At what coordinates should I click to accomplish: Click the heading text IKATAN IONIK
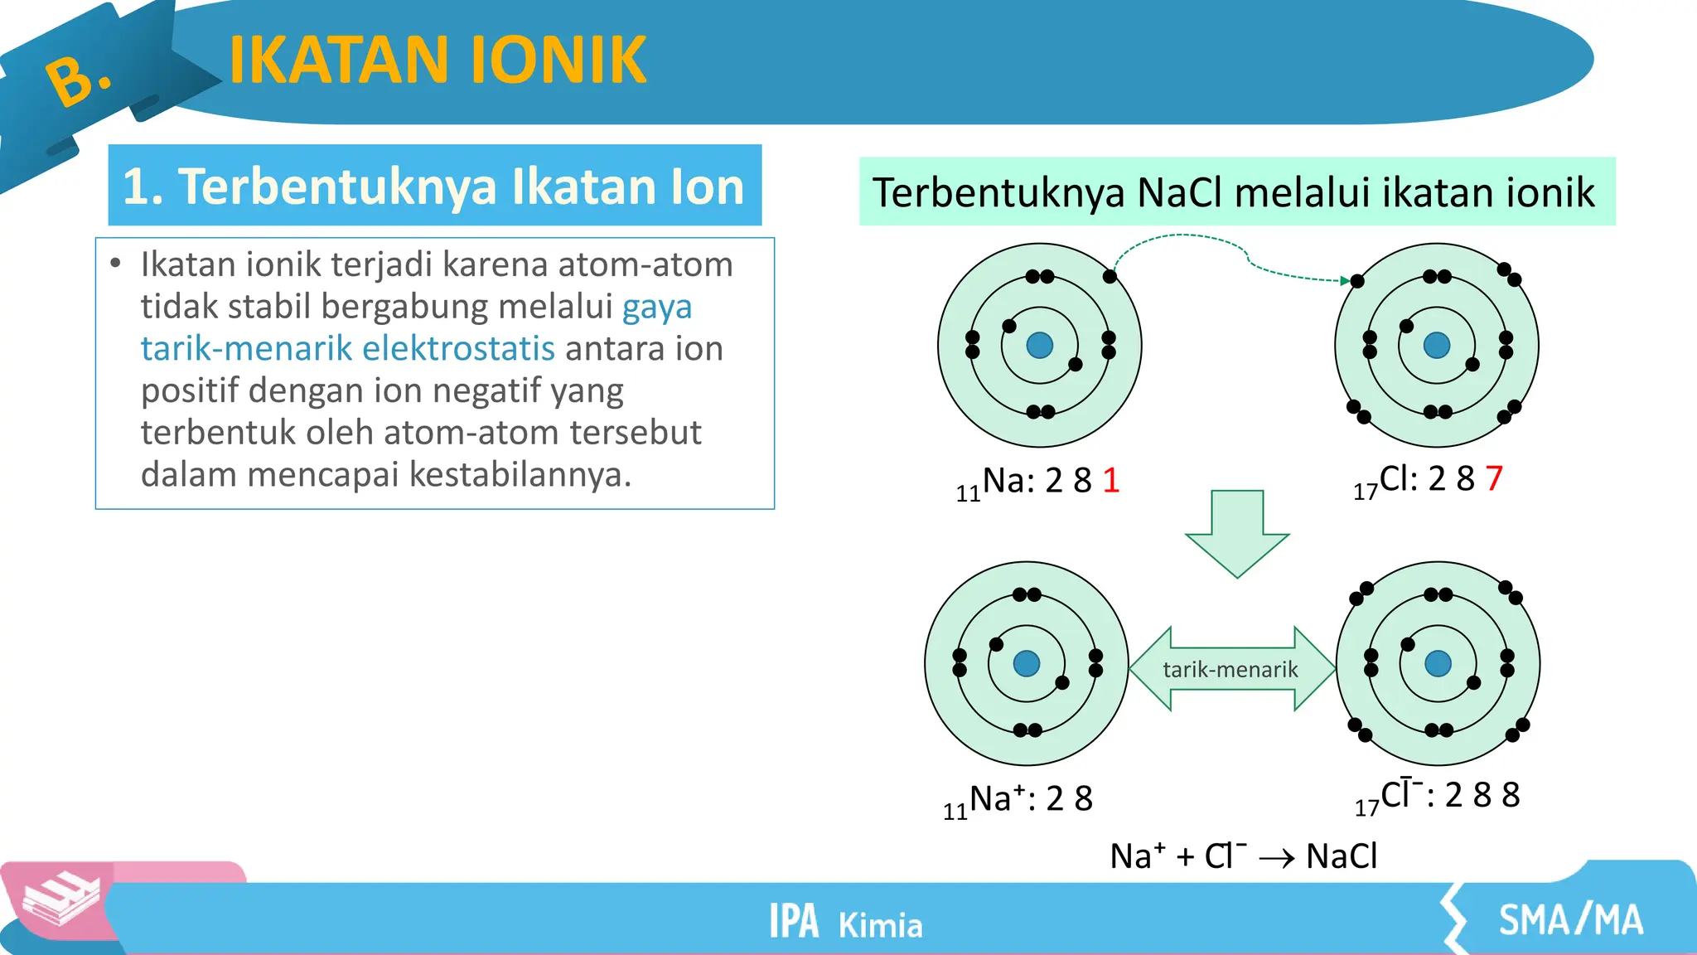point(437,60)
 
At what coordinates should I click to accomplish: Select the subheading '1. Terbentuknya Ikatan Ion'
point(434,186)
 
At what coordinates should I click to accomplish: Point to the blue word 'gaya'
point(656,307)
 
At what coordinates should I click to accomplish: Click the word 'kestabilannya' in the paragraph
point(515,474)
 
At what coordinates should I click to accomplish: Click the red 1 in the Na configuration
point(1111,481)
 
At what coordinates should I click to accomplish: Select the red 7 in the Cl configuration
point(1494,478)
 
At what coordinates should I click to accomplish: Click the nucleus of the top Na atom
point(1039,345)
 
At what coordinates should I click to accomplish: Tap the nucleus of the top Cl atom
point(1436,345)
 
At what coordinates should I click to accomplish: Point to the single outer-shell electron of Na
point(1110,277)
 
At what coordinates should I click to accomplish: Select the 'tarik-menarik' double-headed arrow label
point(1230,669)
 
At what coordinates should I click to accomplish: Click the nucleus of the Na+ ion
point(1026,663)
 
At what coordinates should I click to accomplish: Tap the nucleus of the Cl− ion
point(1438,663)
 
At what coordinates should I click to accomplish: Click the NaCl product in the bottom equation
point(1342,856)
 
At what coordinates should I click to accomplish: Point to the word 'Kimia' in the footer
point(880,925)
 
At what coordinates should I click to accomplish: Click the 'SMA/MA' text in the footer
point(1570,920)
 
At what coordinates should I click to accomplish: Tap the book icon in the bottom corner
point(60,899)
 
